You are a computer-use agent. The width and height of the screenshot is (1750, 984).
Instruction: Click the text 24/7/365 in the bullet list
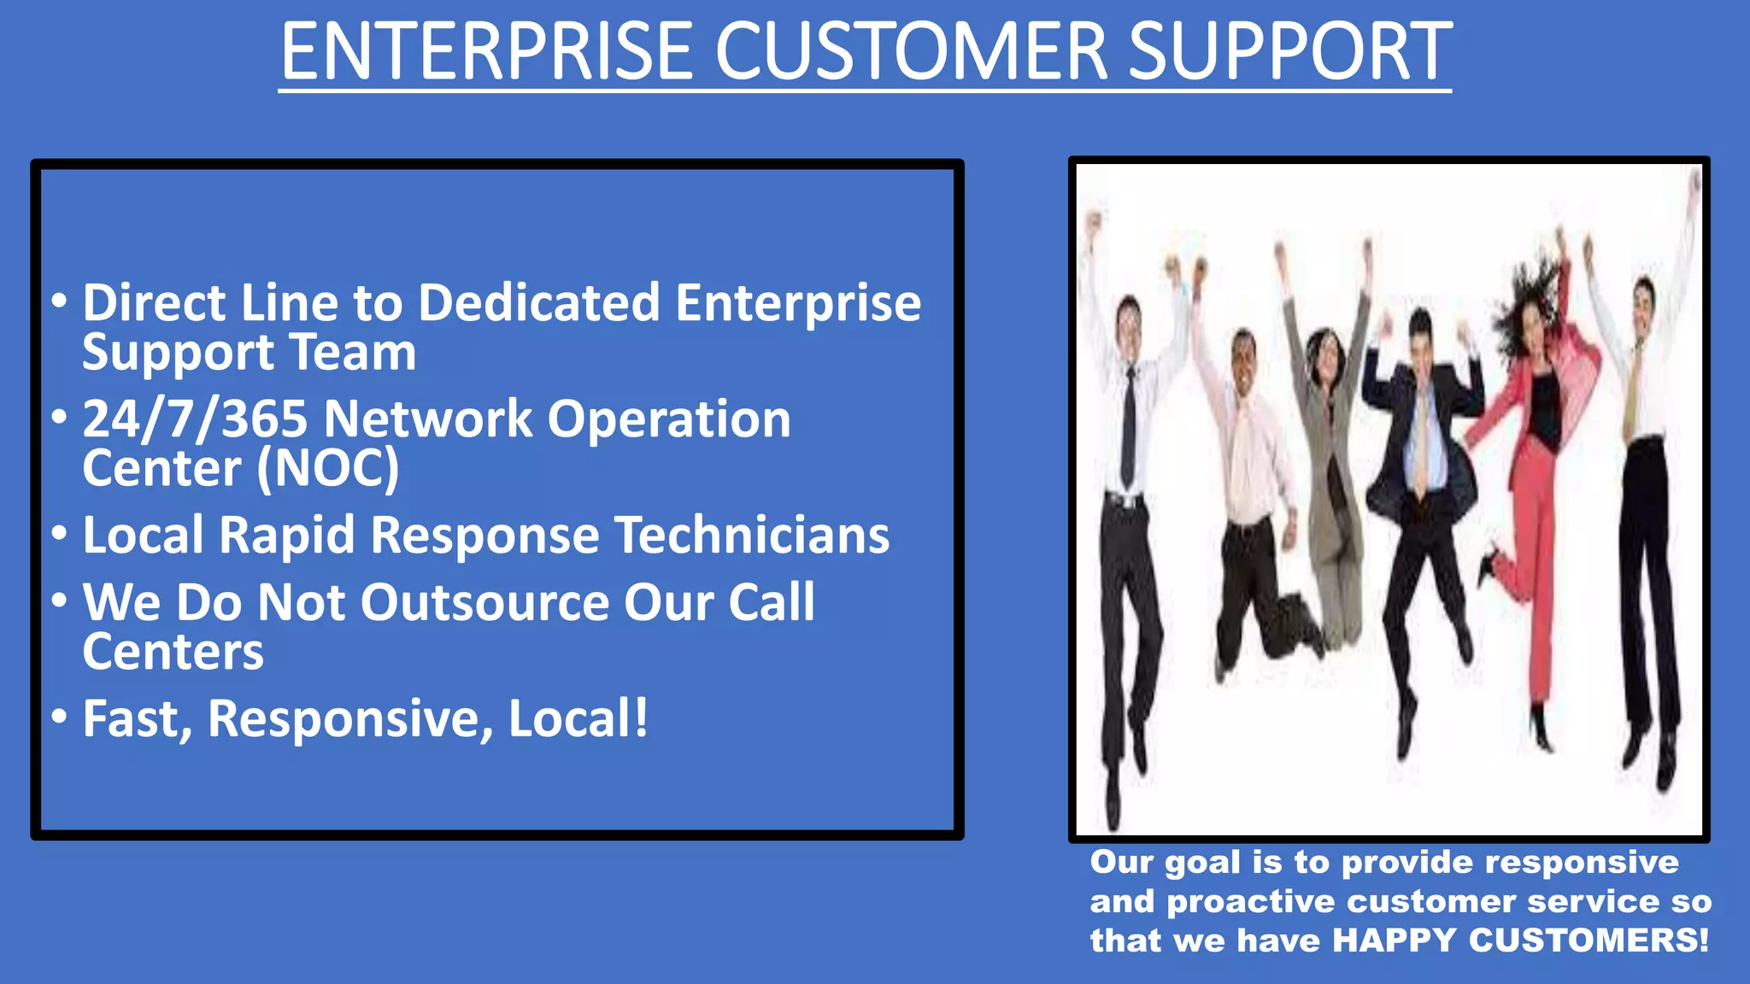point(194,419)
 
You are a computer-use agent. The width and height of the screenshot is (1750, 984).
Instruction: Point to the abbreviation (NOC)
point(328,469)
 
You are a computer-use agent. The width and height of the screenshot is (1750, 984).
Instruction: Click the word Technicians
point(751,536)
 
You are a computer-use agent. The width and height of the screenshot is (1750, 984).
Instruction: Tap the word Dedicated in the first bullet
point(538,303)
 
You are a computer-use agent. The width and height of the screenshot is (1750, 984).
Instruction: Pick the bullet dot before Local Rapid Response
point(59,534)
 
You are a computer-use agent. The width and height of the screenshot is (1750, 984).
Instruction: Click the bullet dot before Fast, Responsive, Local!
point(59,716)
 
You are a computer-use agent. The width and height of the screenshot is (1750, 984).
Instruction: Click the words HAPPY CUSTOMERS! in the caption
point(1520,940)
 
